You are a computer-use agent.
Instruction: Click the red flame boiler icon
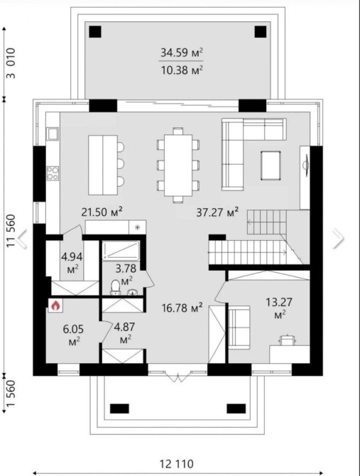[x=55, y=305]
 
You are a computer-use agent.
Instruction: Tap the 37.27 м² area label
[x=217, y=212]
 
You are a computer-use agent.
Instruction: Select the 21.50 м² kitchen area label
[x=102, y=212]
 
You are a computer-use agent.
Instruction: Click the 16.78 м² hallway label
[x=182, y=308]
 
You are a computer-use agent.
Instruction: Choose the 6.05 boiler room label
[x=73, y=335]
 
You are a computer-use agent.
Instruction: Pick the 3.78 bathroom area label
[x=126, y=274]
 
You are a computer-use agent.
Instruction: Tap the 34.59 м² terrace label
[x=181, y=53]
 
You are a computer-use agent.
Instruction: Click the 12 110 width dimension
[x=176, y=464]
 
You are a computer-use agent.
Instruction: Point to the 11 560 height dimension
[x=11, y=231]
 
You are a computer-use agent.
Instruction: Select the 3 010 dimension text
[x=11, y=63]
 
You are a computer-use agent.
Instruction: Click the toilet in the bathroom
[x=115, y=287]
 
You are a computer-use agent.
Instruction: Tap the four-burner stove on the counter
[x=53, y=173]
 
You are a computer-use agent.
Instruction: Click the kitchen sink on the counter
[x=53, y=134]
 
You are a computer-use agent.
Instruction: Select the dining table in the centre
[x=178, y=165]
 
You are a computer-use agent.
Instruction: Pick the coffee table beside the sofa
[x=271, y=166]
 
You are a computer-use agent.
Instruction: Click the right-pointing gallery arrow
[x=339, y=239]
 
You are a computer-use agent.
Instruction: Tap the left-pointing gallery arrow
[x=21, y=239]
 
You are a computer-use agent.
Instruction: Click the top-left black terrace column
[x=95, y=31]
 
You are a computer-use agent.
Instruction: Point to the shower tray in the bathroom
[x=121, y=251]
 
